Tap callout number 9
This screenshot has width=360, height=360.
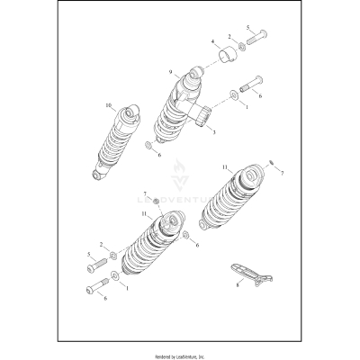coord(169,72)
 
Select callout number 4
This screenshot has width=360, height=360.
coord(213,41)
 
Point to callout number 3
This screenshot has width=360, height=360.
coord(212,131)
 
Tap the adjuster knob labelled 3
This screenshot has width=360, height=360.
coord(200,115)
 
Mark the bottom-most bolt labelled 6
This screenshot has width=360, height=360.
coord(98,289)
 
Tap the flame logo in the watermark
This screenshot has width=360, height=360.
coord(179,172)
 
